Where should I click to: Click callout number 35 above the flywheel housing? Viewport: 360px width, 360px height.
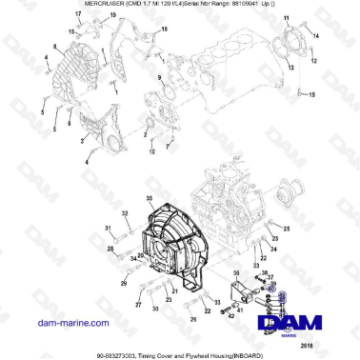pos(149,197)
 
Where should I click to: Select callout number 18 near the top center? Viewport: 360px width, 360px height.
pos(163,30)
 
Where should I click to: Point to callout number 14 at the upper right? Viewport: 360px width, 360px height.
pos(317,36)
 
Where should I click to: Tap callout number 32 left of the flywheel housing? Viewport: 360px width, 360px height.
pos(125,213)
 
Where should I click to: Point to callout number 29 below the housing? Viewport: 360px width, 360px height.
pos(122,284)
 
